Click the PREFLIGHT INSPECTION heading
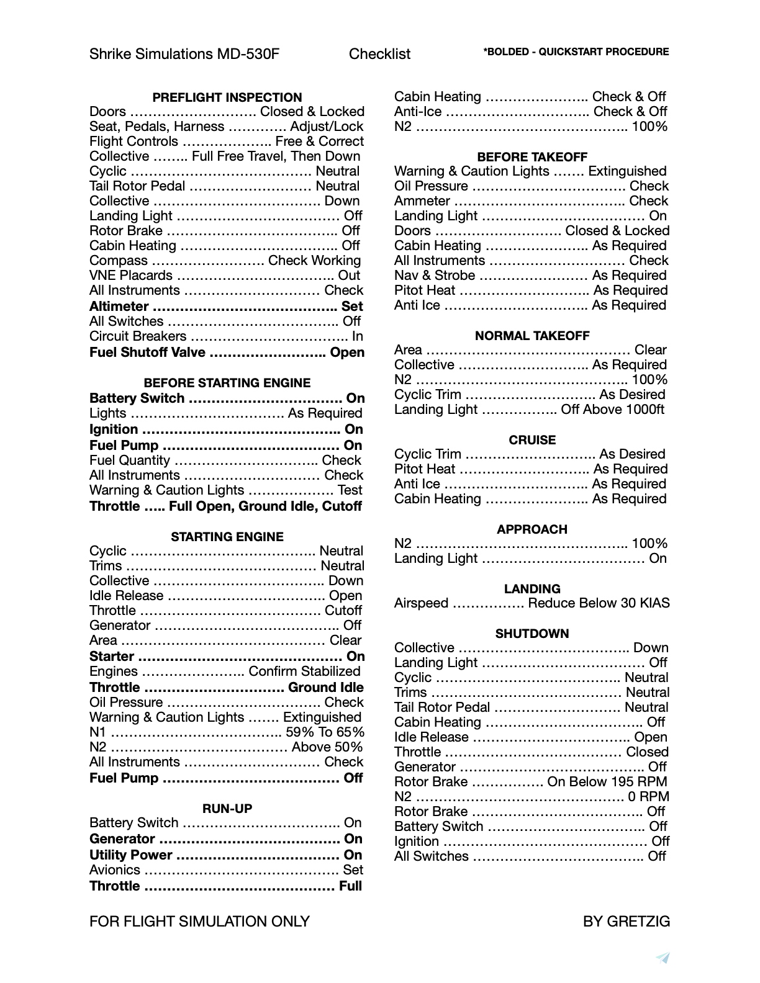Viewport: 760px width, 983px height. [x=227, y=97]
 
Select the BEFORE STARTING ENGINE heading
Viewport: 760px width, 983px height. [x=227, y=383]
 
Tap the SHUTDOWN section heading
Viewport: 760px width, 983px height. [x=532, y=634]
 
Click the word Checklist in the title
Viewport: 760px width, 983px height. [x=379, y=54]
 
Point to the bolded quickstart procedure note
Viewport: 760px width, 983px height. [x=576, y=52]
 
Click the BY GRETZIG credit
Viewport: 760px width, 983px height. [x=626, y=922]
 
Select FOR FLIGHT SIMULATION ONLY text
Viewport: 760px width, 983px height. [x=199, y=922]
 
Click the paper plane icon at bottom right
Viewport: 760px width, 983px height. [x=663, y=958]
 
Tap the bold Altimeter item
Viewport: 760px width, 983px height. [x=119, y=307]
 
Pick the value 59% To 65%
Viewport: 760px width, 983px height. [x=325, y=732]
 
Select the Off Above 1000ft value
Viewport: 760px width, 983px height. [x=612, y=410]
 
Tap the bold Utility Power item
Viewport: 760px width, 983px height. [x=131, y=855]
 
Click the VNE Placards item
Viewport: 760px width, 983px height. [x=131, y=276]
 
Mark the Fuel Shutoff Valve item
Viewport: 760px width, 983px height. [x=147, y=352]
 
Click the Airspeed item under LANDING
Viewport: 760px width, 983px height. [x=421, y=603]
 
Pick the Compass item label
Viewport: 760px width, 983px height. [x=119, y=261]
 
